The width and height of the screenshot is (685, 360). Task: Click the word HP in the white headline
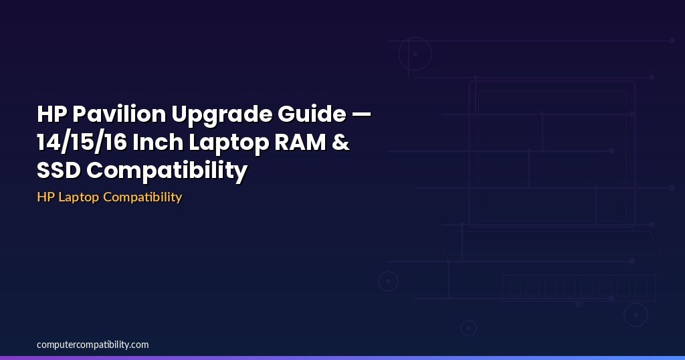point(52,115)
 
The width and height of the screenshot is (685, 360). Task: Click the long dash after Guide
point(361,115)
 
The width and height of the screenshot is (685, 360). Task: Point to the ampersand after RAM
point(341,143)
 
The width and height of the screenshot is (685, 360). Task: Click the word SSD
point(59,171)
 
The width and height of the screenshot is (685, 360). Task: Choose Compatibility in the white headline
point(167,171)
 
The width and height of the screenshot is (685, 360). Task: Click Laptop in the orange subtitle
point(78,197)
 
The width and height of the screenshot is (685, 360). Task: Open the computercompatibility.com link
point(93,345)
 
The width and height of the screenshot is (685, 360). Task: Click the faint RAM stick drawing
point(579,288)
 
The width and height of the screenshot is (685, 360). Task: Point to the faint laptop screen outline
point(552,154)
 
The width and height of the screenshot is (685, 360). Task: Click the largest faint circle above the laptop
point(415,54)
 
